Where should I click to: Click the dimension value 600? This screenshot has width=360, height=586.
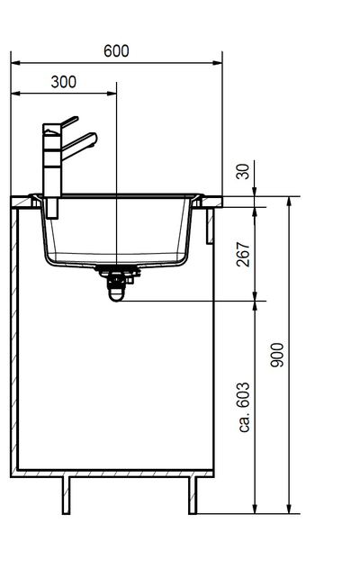(x=116, y=51)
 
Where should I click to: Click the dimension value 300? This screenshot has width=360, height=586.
(x=63, y=82)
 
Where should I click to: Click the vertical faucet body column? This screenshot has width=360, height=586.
(x=51, y=171)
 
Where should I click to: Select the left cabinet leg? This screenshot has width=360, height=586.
(x=67, y=494)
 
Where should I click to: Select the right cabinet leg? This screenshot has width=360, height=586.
(x=193, y=494)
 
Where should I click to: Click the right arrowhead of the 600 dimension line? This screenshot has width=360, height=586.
(x=218, y=63)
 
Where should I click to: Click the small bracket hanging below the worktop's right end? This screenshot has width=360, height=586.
(x=210, y=225)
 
